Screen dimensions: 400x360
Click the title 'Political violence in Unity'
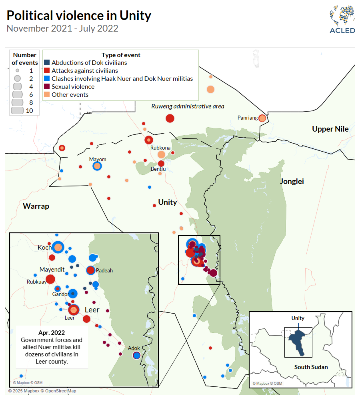tap(79, 16)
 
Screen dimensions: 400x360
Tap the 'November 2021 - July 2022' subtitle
tap(62, 28)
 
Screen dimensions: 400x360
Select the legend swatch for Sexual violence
tap(47, 87)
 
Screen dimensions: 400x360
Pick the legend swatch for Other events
tap(47, 95)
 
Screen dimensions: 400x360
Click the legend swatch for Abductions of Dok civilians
tap(47, 63)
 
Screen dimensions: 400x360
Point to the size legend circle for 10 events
tap(18, 111)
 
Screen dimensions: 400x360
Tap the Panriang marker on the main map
tap(262, 118)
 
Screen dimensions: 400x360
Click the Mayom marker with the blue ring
tap(97, 166)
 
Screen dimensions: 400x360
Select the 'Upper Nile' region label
tap(330, 129)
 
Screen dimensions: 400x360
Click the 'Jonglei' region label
tap(292, 181)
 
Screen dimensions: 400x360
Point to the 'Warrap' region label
tap(36, 206)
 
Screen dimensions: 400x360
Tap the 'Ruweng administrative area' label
tap(188, 106)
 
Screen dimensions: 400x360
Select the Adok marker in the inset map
tap(136, 355)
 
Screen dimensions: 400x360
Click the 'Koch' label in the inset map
tap(44, 247)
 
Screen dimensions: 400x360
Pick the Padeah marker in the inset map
tap(90, 270)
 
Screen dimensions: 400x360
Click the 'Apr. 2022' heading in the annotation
tap(52, 332)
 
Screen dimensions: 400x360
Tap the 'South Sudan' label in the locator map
tap(311, 367)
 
